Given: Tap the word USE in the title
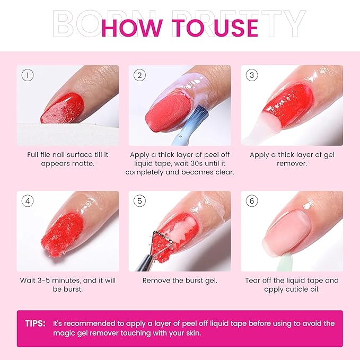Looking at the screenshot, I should [x=233, y=28].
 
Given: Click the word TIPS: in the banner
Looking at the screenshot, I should [x=35, y=323].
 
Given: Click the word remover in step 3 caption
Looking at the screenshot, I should [x=292, y=163].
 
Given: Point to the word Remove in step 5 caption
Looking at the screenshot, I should [x=155, y=280].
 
